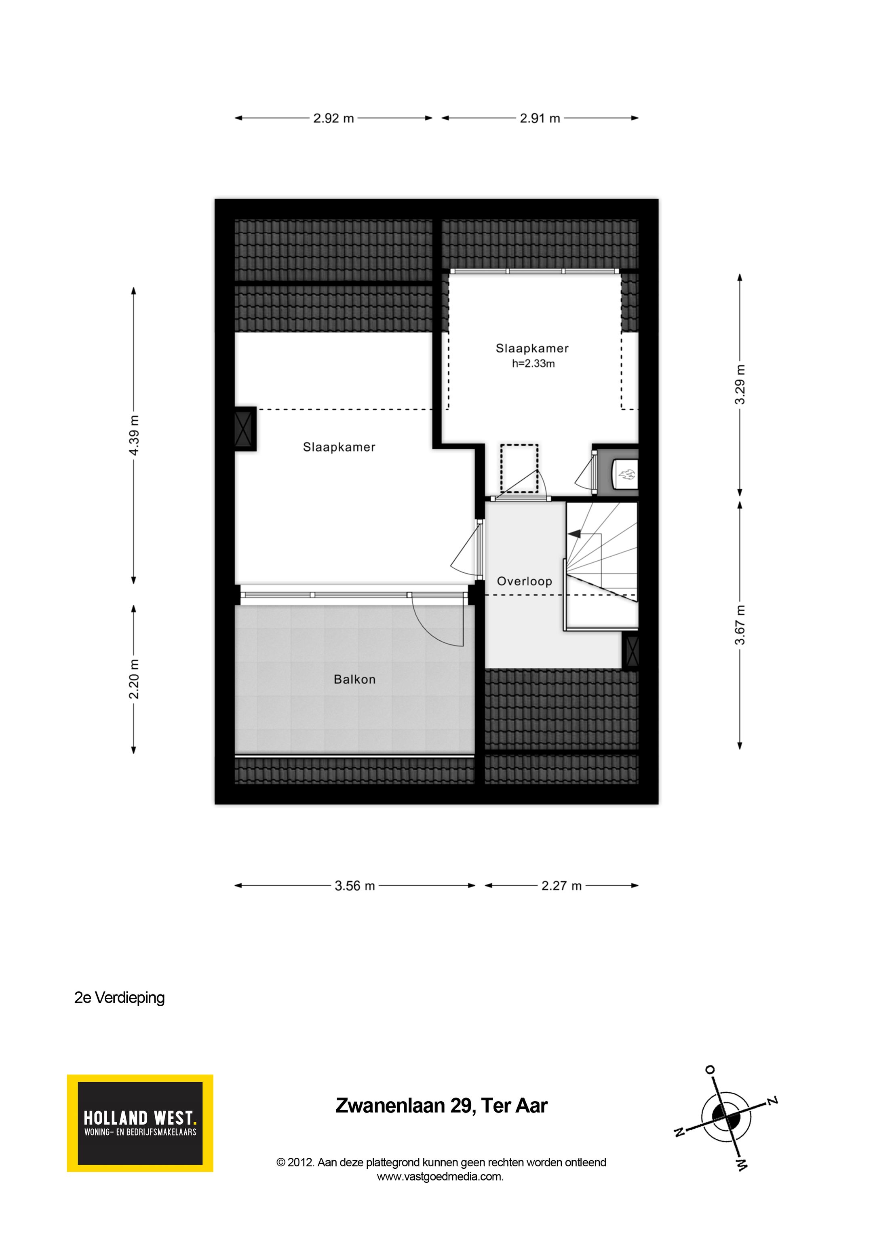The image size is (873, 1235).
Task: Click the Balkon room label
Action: click(x=354, y=680)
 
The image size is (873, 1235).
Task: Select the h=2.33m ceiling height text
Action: click(x=533, y=363)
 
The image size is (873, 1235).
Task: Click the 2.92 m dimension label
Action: click(x=333, y=118)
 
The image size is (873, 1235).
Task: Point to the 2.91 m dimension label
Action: click(x=540, y=118)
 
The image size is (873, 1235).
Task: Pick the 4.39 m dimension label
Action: click(x=134, y=435)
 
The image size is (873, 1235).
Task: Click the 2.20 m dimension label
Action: click(x=134, y=679)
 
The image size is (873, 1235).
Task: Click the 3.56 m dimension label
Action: click(x=354, y=885)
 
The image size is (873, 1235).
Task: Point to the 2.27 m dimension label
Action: click(x=561, y=885)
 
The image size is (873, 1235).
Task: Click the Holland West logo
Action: click(x=140, y=1123)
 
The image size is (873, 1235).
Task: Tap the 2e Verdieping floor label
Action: click(x=119, y=998)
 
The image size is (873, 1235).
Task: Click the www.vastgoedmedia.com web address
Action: click(x=440, y=1176)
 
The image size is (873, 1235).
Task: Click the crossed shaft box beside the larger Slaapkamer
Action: click(x=245, y=428)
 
